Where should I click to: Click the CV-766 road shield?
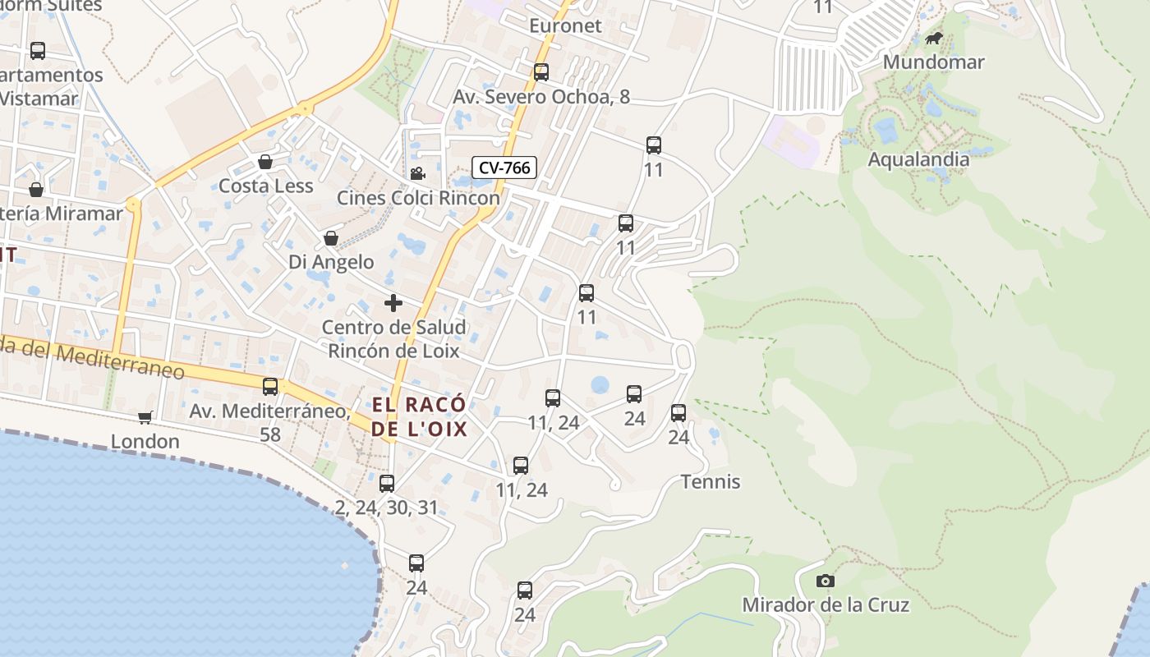pyautogui.click(x=504, y=168)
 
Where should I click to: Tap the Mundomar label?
pyautogui.click(x=933, y=62)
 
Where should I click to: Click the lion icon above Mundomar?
pyautogui.click(x=934, y=39)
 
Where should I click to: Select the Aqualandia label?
pyautogui.click(x=918, y=159)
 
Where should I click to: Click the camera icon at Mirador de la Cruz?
pyautogui.click(x=826, y=581)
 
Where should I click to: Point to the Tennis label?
pyautogui.click(x=711, y=482)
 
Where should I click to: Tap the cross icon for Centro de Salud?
pyautogui.click(x=393, y=303)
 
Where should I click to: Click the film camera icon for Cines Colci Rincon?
pyautogui.click(x=418, y=173)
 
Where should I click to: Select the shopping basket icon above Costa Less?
pyautogui.click(x=265, y=162)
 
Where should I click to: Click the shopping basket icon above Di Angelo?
pyautogui.click(x=331, y=238)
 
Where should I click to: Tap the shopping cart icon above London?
pyautogui.click(x=145, y=417)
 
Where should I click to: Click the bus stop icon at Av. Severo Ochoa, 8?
pyautogui.click(x=541, y=72)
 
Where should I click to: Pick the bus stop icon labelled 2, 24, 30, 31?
pyautogui.click(x=387, y=484)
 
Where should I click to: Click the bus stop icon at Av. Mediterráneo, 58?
pyautogui.click(x=270, y=387)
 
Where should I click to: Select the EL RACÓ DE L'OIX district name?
pyautogui.click(x=419, y=416)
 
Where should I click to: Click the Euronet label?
pyautogui.click(x=565, y=25)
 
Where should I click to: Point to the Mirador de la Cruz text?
pyautogui.click(x=826, y=605)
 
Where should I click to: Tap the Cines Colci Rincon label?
pyautogui.click(x=418, y=198)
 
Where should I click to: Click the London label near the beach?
pyautogui.click(x=145, y=442)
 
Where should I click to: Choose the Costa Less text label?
pyautogui.click(x=265, y=186)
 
